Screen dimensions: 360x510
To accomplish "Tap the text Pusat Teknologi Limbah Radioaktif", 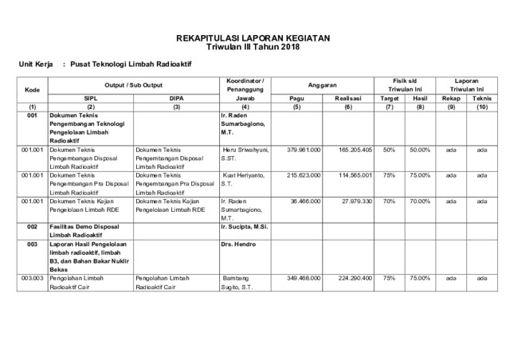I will click(x=126, y=64).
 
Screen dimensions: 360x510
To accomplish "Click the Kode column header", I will click(x=32, y=89).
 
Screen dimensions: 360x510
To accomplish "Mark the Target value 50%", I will click(x=390, y=149).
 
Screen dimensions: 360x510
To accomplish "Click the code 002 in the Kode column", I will click(x=32, y=226).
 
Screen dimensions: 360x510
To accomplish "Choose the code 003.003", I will click(x=32, y=278).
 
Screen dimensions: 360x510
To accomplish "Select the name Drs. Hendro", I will click(x=240, y=244).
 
